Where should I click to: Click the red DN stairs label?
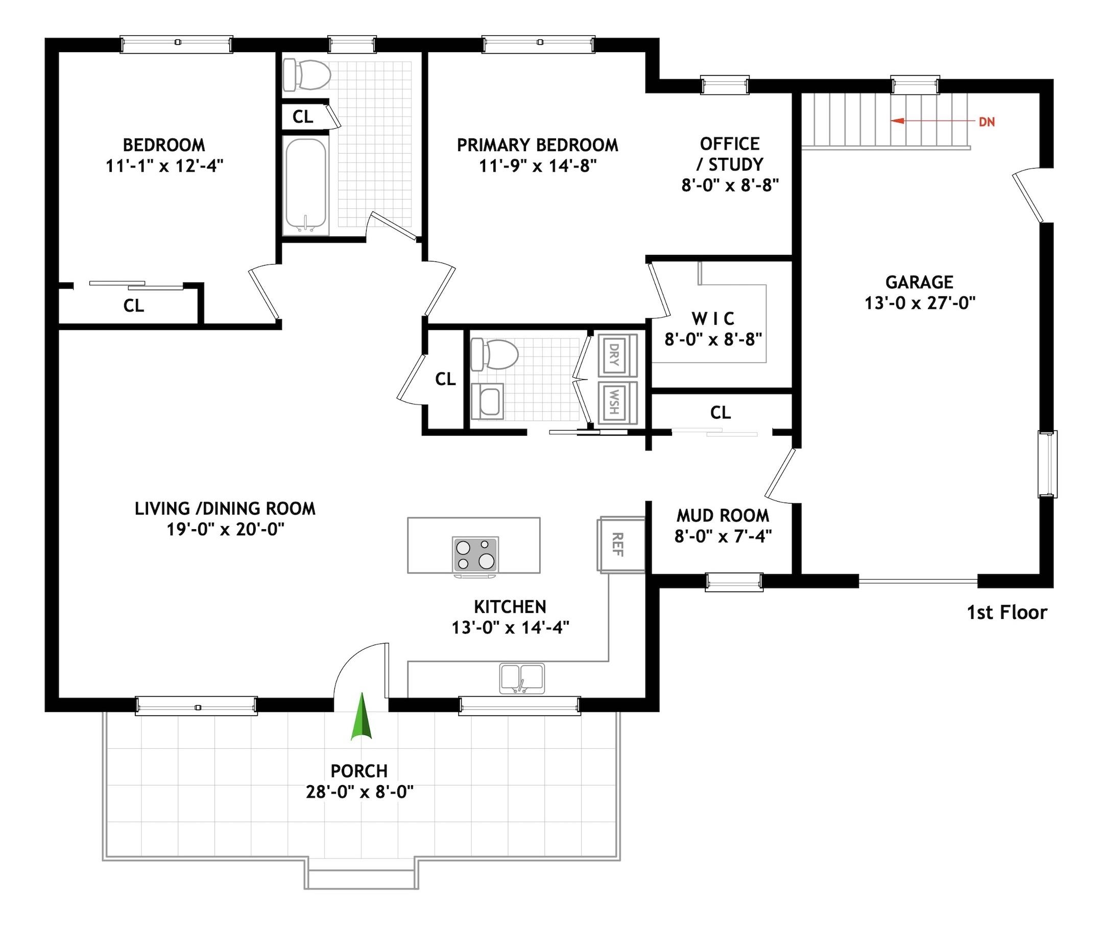coord(987,122)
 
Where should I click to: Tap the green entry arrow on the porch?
coord(362,718)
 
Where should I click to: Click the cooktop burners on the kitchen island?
coord(475,554)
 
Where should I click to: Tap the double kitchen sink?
coord(521,678)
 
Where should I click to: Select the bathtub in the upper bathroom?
coord(305,185)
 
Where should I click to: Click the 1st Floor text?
coord(1007,613)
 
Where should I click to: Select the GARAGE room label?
coord(919,282)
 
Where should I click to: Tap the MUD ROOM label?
coord(723,515)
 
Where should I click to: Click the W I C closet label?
coord(712,319)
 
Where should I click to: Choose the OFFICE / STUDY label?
coord(729,154)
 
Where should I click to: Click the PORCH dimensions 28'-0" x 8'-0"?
coord(359,792)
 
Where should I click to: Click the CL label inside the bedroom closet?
coord(133,305)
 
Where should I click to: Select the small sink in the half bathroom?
coord(488,401)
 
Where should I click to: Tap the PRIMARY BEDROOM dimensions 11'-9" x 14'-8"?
coord(538,166)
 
